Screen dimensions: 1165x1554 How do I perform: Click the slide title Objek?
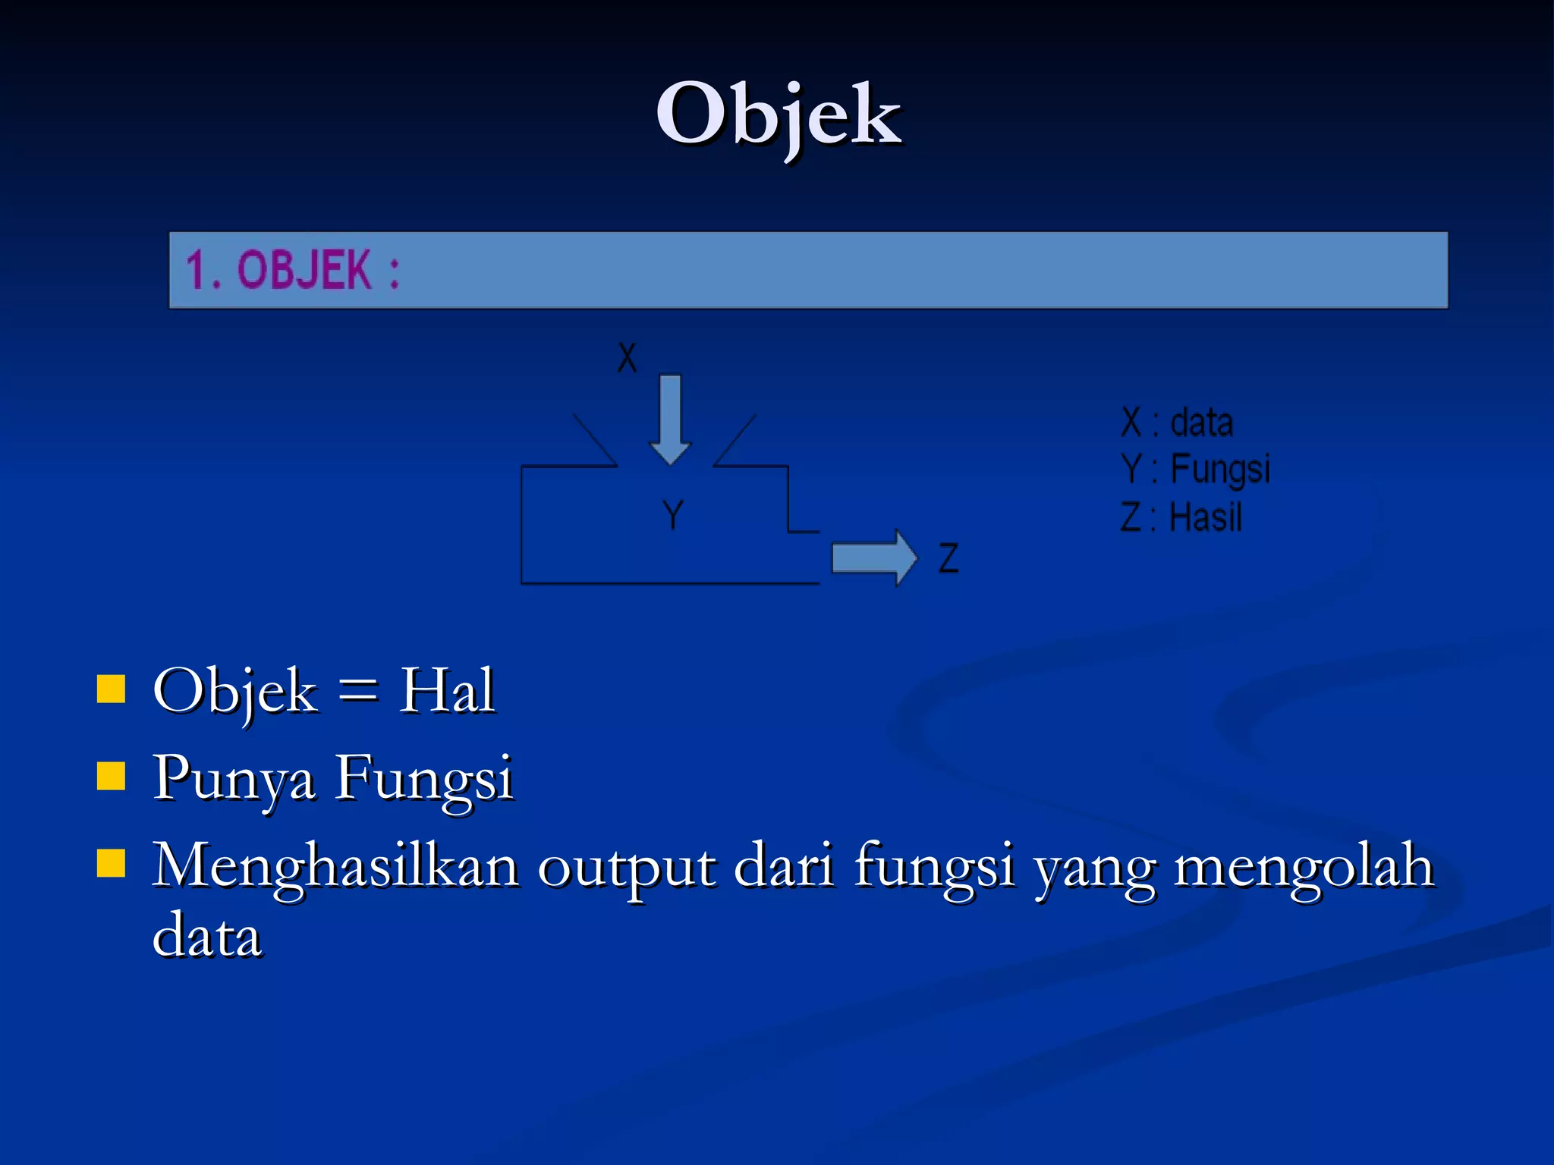pos(779,115)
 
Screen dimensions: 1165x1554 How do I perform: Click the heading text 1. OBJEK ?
pos(293,270)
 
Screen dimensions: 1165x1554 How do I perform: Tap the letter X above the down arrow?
pos(627,357)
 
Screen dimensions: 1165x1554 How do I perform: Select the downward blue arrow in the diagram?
pos(670,418)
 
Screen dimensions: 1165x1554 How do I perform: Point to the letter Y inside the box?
pos(672,515)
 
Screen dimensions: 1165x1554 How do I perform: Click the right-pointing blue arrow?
pos(874,557)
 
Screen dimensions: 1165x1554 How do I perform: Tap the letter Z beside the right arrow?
pos(948,558)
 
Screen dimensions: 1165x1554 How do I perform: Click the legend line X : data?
pos(1177,422)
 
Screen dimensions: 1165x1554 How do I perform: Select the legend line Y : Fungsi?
pos(1195,469)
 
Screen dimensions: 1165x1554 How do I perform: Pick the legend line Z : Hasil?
pos(1181,518)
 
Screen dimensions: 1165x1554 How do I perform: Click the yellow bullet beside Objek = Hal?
pos(112,689)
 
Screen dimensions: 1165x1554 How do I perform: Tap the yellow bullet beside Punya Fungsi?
pos(112,776)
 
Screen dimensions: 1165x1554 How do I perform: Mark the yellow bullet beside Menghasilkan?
pos(112,862)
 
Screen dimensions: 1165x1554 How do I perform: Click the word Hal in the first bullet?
pos(447,690)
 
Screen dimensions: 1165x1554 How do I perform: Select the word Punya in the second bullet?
pos(234,778)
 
